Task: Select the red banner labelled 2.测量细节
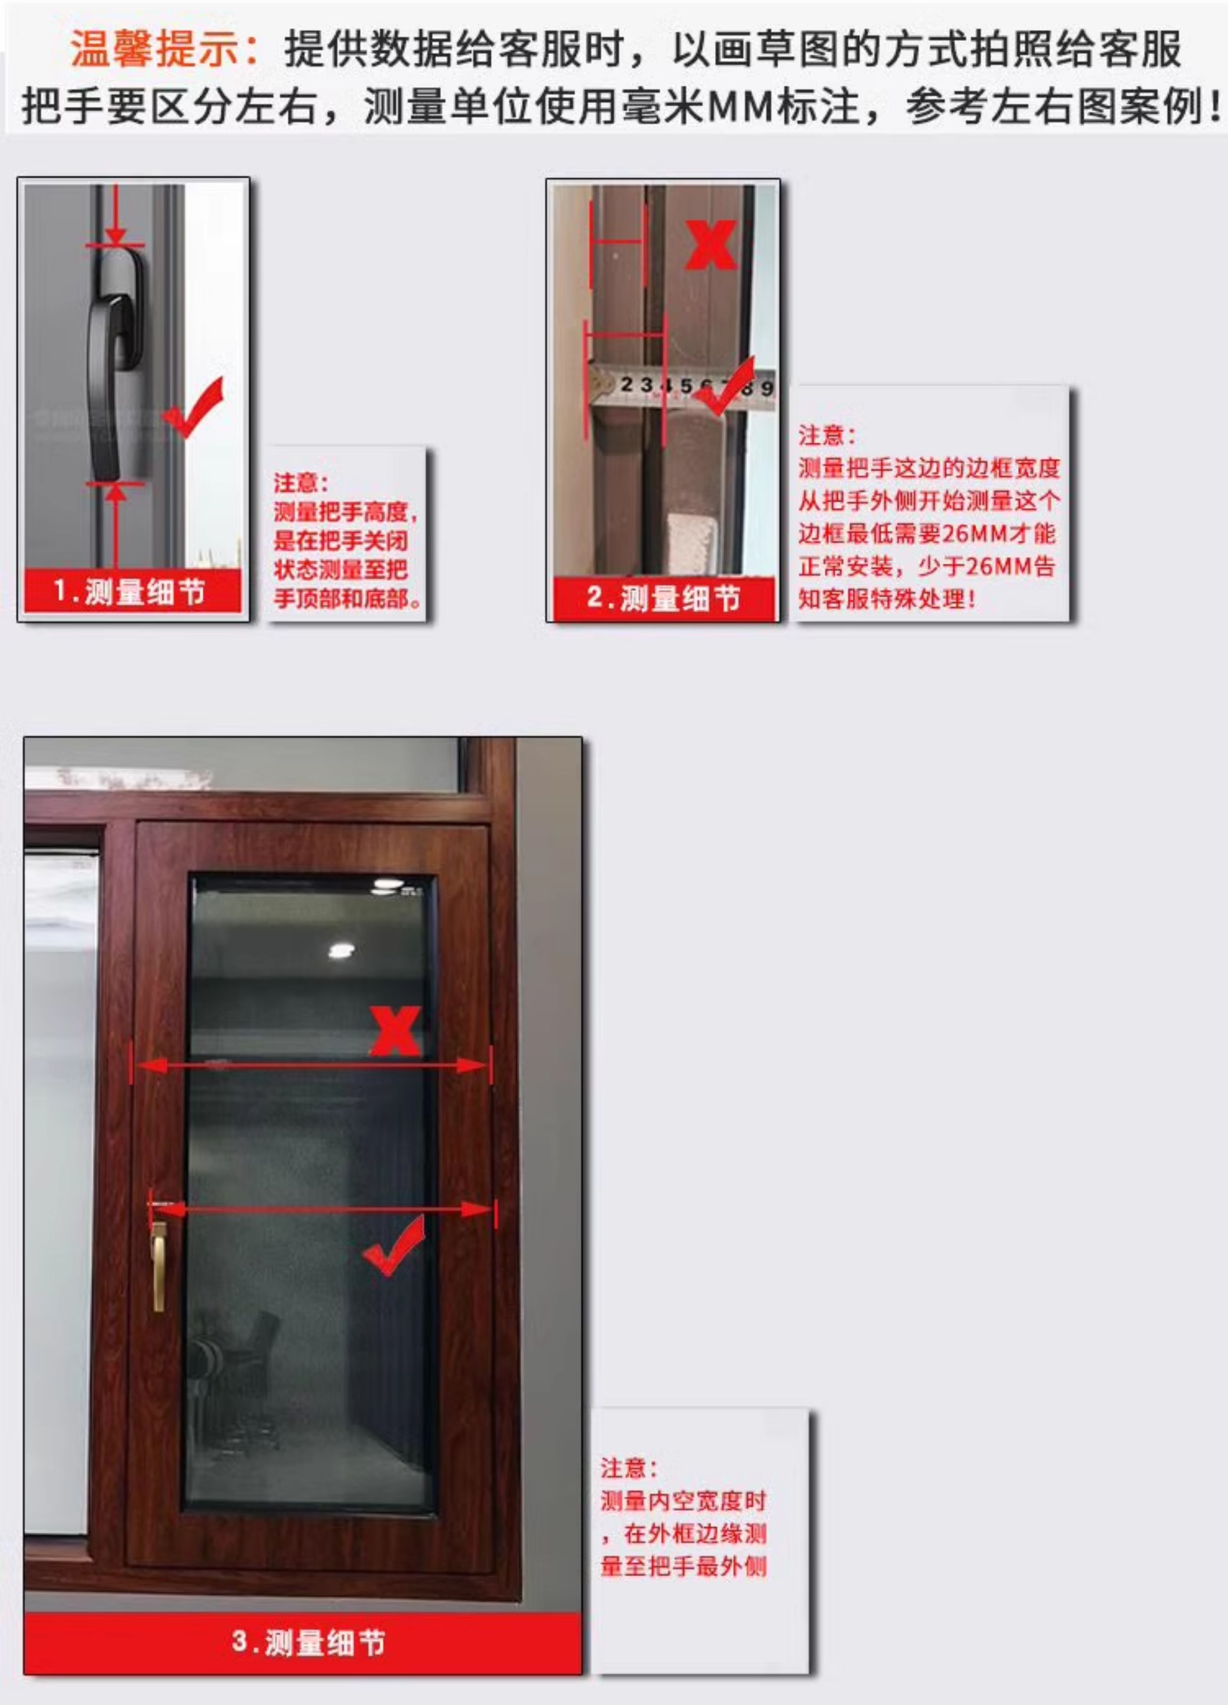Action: [663, 599]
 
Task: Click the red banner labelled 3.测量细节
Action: [308, 1642]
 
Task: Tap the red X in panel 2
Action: [711, 245]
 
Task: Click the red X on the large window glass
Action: [396, 1031]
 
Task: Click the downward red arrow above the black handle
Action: [115, 226]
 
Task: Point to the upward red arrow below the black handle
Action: [115, 503]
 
